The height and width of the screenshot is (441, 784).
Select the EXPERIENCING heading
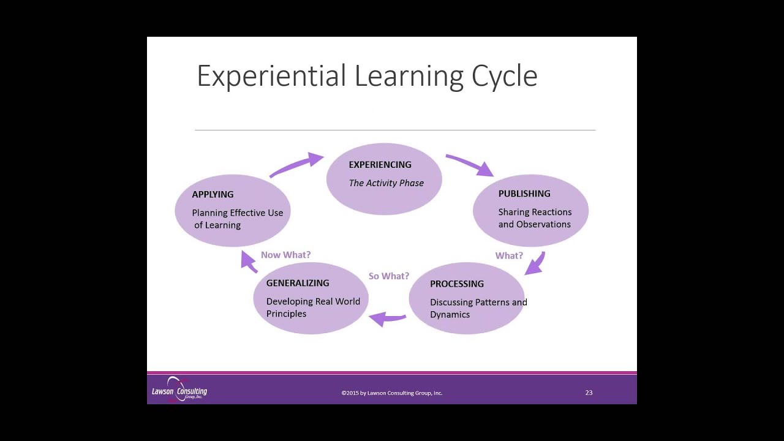coord(380,165)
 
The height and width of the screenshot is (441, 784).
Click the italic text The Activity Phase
coord(386,183)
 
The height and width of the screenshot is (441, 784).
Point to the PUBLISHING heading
coord(524,194)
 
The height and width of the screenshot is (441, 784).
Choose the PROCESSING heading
coord(457,284)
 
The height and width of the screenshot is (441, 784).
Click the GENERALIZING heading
coord(298,283)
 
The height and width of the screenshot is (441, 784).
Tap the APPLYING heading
coord(213,194)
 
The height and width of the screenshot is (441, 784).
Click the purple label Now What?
coord(285,255)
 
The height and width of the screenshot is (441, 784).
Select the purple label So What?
coord(389,276)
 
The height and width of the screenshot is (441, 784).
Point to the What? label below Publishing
coord(509,255)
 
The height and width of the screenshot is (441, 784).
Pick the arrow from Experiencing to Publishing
coord(470,164)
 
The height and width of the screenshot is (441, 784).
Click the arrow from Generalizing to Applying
coord(248,262)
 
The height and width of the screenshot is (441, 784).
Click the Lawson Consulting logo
coord(179,390)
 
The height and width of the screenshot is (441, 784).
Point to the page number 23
coord(589,393)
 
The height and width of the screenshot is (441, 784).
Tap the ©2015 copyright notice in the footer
coord(392,393)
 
